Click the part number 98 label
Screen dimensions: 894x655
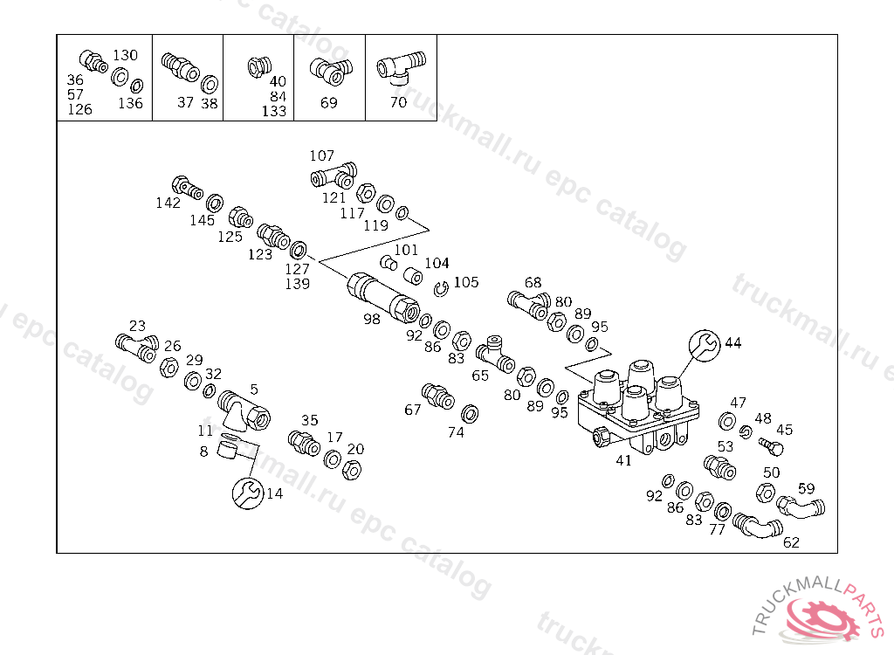point(372,319)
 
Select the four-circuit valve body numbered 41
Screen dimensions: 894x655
point(638,407)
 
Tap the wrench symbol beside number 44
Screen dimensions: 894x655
point(705,345)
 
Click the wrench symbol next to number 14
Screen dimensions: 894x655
point(248,493)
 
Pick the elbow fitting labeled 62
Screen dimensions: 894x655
point(757,526)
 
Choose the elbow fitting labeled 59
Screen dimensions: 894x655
point(801,507)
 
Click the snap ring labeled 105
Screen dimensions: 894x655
point(441,289)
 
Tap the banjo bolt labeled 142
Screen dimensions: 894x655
point(187,188)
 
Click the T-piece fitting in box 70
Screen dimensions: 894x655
point(401,67)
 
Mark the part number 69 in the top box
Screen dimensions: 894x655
point(329,103)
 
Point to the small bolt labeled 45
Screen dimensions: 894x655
point(771,446)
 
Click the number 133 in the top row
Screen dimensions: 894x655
point(274,111)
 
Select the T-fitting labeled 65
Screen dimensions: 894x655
point(496,355)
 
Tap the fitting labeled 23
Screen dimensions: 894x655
point(137,348)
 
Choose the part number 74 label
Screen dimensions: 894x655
point(456,432)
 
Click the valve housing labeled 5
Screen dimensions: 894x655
point(244,411)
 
